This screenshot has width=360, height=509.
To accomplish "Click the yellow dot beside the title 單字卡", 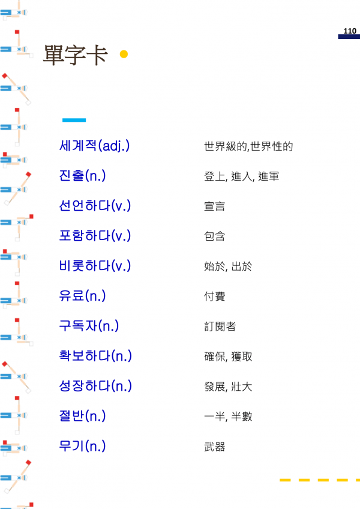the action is click(124, 54).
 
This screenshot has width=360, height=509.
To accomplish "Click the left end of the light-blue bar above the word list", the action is click(62, 120).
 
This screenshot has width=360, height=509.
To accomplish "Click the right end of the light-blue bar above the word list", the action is click(86, 120).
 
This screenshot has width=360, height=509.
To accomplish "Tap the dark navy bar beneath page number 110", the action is click(349, 37).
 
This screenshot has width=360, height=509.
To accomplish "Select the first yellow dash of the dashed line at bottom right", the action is click(285, 480).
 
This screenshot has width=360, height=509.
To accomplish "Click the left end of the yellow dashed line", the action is click(280, 480).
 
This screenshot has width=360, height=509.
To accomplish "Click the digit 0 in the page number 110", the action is click(354, 31).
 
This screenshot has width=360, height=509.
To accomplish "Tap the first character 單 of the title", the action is click(53, 55).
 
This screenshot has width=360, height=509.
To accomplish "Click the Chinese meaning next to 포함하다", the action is click(214, 236).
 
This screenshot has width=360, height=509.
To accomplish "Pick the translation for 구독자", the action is click(220, 327).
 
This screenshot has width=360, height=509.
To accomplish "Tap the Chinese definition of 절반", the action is click(228, 416).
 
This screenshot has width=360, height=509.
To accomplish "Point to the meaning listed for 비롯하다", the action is click(228, 266).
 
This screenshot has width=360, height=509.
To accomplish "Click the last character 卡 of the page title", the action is click(97, 55).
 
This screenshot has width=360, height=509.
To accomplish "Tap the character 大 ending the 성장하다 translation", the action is click(247, 387).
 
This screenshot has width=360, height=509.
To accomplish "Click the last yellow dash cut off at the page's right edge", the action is click(358, 480).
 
